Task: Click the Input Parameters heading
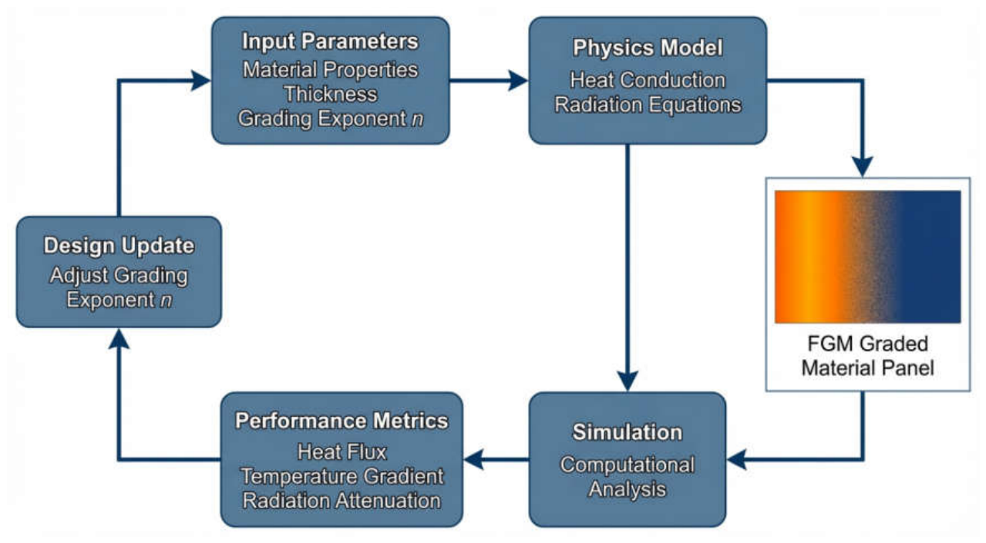(330, 42)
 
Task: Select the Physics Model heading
(648, 48)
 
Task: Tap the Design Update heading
(119, 246)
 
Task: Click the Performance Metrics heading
(342, 421)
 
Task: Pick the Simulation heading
(628, 432)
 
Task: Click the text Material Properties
(330, 69)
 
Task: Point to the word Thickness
(331, 94)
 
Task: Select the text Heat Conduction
(648, 80)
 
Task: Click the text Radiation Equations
(648, 105)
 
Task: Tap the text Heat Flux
(342, 451)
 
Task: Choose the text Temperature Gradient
(342, 476)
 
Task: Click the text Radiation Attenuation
(342, 501)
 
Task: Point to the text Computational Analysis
(628, 477)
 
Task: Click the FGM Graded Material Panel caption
(867, 356)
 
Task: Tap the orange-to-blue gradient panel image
(867, 256)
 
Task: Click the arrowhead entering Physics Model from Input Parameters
(518, 80)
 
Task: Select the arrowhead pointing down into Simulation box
(628, 381)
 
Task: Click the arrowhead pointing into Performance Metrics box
(474, 460)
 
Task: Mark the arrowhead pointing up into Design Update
(119, 339)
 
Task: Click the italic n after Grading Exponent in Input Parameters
(417, 119)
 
